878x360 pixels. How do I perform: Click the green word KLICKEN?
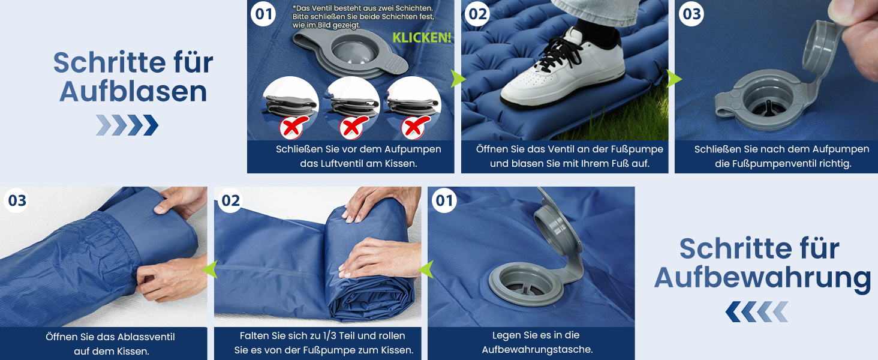click(x=422, y=38)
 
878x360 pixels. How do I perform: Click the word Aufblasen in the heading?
click(x=133, y=92)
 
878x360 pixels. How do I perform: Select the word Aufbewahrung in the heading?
click(x=762, y=278)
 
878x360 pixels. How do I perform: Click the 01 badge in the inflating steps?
click(x=263, y=14)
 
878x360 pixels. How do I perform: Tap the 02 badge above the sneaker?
click(x=477, y=14)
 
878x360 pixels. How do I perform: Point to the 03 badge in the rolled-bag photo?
click(x=16, y=201)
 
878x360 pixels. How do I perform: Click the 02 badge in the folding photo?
click(x=230, y=201)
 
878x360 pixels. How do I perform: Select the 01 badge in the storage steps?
click(x=444, y=201)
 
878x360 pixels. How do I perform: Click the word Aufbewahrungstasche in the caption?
click(x=536, y=349)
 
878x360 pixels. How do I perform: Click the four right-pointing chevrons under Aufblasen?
click(x=127, y=125)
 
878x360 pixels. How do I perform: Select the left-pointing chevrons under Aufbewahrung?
click(x=756, y=312)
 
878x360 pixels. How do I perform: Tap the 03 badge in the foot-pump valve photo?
click(x=691, y=14)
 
